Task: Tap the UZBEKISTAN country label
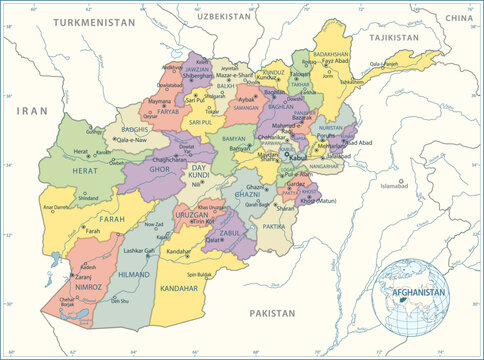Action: [x=222, y=17]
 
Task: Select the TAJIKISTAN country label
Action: [x=392, y=36]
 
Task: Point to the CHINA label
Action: [x=458, y=18]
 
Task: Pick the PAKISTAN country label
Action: [x=273, y=312]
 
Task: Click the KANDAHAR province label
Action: [x=179, y=287]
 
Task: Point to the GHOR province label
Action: [x=160, y=170]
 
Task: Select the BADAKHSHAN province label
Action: [x=331, y=53]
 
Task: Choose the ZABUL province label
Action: [x=229, y=231]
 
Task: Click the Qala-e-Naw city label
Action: [x=133, y=141]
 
